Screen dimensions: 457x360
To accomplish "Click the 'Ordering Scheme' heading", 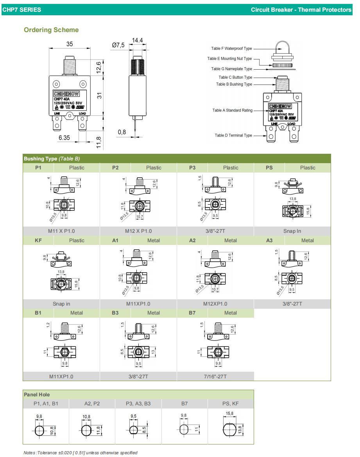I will [x=51, y=30].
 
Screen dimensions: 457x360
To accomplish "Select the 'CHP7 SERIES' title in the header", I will [x=21, y=9].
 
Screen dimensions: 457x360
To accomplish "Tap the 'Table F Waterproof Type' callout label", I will [x=231, y=49].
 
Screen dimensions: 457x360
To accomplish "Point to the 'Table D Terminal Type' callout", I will [x=233, y=135].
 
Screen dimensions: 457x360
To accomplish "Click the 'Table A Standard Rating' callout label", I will [x=232, y=110].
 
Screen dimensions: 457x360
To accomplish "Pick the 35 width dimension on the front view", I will [x=70, y=44].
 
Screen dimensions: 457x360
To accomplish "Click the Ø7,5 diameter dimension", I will [x=118, y=45].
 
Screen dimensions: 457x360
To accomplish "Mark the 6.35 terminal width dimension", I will [x=64, y=138].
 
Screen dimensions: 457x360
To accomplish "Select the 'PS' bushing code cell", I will [x=269, y=168].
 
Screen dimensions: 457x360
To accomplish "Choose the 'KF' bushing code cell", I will [x=38, y=241].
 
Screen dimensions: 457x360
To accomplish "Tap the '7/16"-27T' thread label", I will [x=215, y=376].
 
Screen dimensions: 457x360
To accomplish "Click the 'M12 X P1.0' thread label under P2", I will [x=138, y=231].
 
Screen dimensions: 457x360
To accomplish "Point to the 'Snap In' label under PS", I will [x=292, y=231].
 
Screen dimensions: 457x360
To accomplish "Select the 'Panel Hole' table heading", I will [x=37, y=394].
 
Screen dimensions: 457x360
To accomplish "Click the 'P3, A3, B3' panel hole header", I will [x=138, y=403].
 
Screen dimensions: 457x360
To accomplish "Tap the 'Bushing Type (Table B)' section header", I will [x=52, y=158].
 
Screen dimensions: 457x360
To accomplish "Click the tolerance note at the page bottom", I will [x=81, y=453].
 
